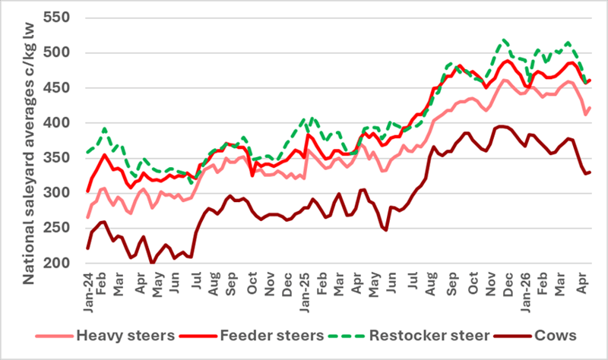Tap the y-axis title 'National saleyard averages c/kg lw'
(x=30, y=144)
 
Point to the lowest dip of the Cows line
(x=153, y=263)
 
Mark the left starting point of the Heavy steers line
(x=88, y=218)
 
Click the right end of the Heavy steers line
(x=591, y=107)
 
